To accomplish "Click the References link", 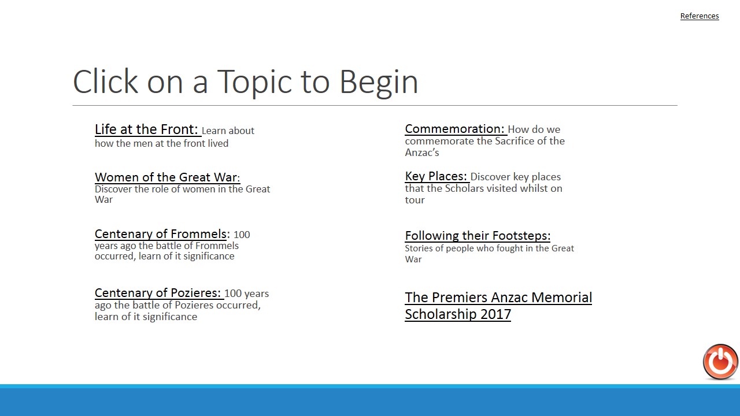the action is (x=700, y=16).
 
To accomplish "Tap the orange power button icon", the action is (x=720, y=362).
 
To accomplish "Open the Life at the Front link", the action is (x=146, y=129).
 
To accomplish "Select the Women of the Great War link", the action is (x=167, y=177).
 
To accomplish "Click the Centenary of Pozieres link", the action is (x=158, y=292).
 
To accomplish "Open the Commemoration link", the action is (x=454, y=129).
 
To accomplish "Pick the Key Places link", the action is (x=436, y=176).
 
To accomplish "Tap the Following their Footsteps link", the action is (x=478, y=235).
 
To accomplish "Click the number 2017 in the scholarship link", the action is (x=495, y=314).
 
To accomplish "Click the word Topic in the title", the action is (x=254, y=83).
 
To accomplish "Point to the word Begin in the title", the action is (x=379, y=83).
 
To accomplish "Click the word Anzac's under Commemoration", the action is (x=422, y=153).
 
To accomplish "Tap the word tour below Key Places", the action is (x=415, y=200).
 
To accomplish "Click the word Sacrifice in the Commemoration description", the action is (x=515, y=141).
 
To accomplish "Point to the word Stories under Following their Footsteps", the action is (x=419, y=248).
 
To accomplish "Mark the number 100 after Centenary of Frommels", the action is (x=242, y=235).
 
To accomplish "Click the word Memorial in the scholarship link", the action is (x=561, y=297).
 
